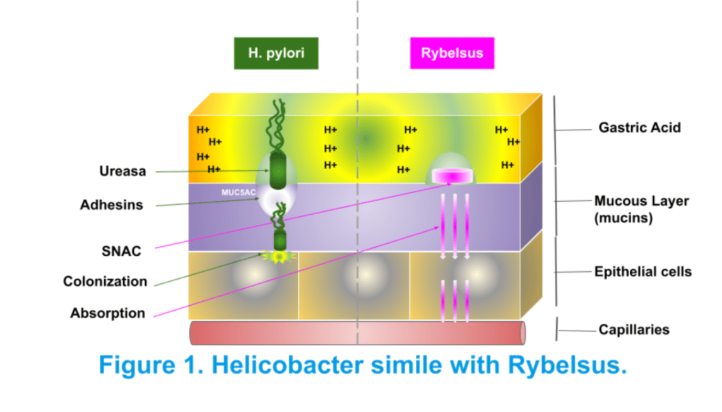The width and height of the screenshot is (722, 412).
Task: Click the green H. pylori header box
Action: tap(276, 53)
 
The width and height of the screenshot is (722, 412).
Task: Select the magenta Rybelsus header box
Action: tap(452, 53)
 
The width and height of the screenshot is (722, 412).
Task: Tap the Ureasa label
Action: tap(122, 171)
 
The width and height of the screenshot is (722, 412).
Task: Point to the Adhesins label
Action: tap(111, 205)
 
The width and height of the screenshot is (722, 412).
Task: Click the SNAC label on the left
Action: tap(121, 250)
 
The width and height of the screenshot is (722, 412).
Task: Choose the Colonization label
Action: tap(105, 281)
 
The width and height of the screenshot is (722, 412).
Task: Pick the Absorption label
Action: tap(107, 313)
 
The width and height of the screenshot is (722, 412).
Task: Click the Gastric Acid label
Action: tap(639, 128)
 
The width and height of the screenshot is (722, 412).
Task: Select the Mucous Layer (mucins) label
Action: tap(641, 210)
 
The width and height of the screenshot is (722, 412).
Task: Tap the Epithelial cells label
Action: tap(643, 272)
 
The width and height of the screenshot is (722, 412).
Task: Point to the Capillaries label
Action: tap(634, 329)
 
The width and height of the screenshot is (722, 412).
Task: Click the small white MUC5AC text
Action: tap(239, 191)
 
